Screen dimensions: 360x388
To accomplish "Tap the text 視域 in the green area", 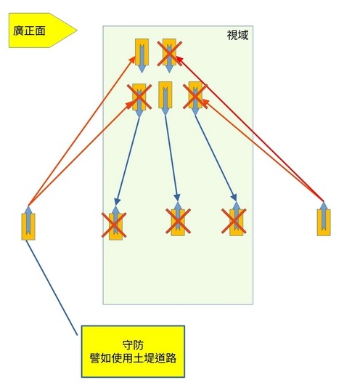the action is tap(237, 35).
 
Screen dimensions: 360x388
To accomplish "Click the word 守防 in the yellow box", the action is tap(133, 345).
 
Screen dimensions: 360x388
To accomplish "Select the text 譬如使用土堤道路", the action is tap(133, 358).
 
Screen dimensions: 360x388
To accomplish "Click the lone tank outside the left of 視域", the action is tap(28, 224).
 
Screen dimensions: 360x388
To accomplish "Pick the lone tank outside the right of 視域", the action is tap(324, 219).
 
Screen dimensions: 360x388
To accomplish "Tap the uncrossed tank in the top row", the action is tap(142, 55).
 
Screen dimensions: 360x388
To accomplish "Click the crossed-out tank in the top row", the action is tap(169, 55).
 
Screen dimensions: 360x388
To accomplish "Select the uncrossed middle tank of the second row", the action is tap(165, 98).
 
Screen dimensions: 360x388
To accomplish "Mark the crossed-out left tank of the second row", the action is tap(139, 100).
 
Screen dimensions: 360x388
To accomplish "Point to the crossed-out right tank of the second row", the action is tap(195, 98).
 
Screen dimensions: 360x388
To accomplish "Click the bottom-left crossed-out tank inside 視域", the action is tap(115, 223).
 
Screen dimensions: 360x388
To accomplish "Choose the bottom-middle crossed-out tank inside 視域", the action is tap(178, 219).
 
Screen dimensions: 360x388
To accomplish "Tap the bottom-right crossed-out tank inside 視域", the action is tap(236, 219).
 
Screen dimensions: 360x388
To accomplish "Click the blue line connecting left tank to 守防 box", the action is tap(52, 288).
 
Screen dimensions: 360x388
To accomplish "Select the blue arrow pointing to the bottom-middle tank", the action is tap(171, 158).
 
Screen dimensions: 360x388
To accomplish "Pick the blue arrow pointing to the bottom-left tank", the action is tap(128, 161).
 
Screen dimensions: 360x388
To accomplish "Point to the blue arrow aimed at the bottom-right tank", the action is tap(216, 158).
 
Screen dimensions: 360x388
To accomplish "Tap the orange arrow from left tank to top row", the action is tap(81, 131).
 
